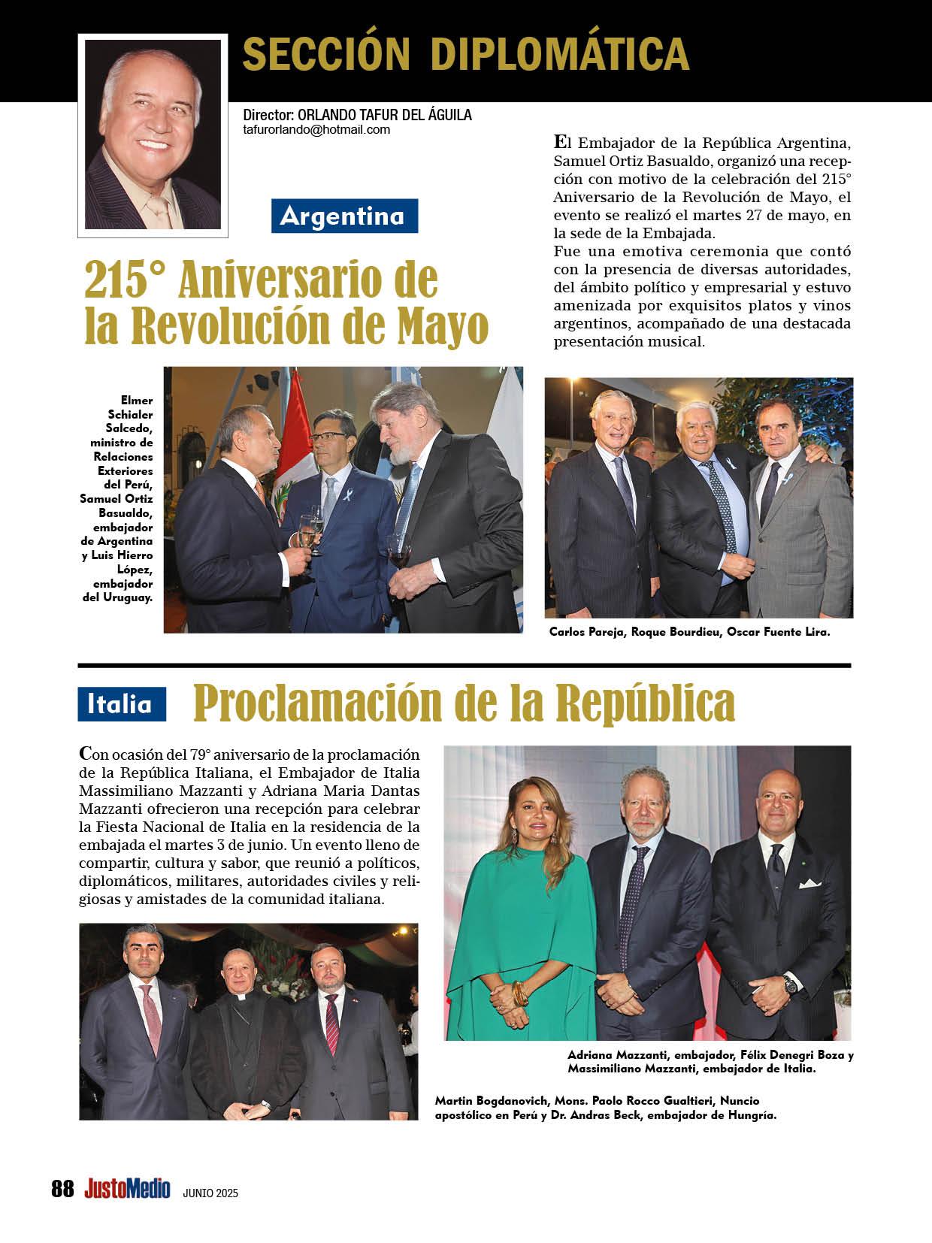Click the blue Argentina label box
tap(344, 216)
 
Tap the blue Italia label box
tap(121, 704)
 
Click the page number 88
tap(63, 1189)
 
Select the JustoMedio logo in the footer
tap(127, 1189)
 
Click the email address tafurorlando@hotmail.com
tap(316, 129)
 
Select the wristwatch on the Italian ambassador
tap(790, 983)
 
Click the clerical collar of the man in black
tap(240, 999)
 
